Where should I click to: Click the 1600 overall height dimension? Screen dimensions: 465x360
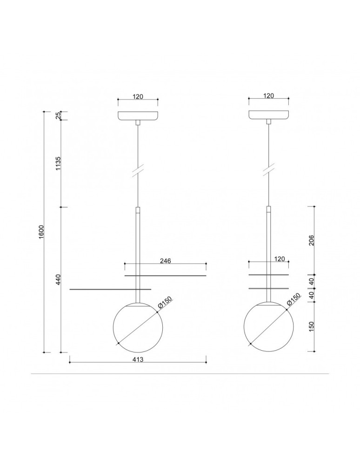41,232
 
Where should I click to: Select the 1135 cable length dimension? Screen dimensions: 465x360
58,163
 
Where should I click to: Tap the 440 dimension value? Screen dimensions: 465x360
58,279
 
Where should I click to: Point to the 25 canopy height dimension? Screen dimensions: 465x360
58,116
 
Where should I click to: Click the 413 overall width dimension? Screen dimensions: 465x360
138,359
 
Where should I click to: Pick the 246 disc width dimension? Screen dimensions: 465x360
166,261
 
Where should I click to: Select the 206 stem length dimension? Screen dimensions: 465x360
312,240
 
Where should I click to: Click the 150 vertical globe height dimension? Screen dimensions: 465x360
312,327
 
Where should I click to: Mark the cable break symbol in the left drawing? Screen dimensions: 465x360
138,170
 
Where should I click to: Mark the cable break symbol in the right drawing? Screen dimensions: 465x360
268,170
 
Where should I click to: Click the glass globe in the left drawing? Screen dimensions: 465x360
138,325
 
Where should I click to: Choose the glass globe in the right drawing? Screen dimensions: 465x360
268,325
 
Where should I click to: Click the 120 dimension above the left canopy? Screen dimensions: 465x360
138,96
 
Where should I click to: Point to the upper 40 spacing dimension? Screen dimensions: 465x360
312,281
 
